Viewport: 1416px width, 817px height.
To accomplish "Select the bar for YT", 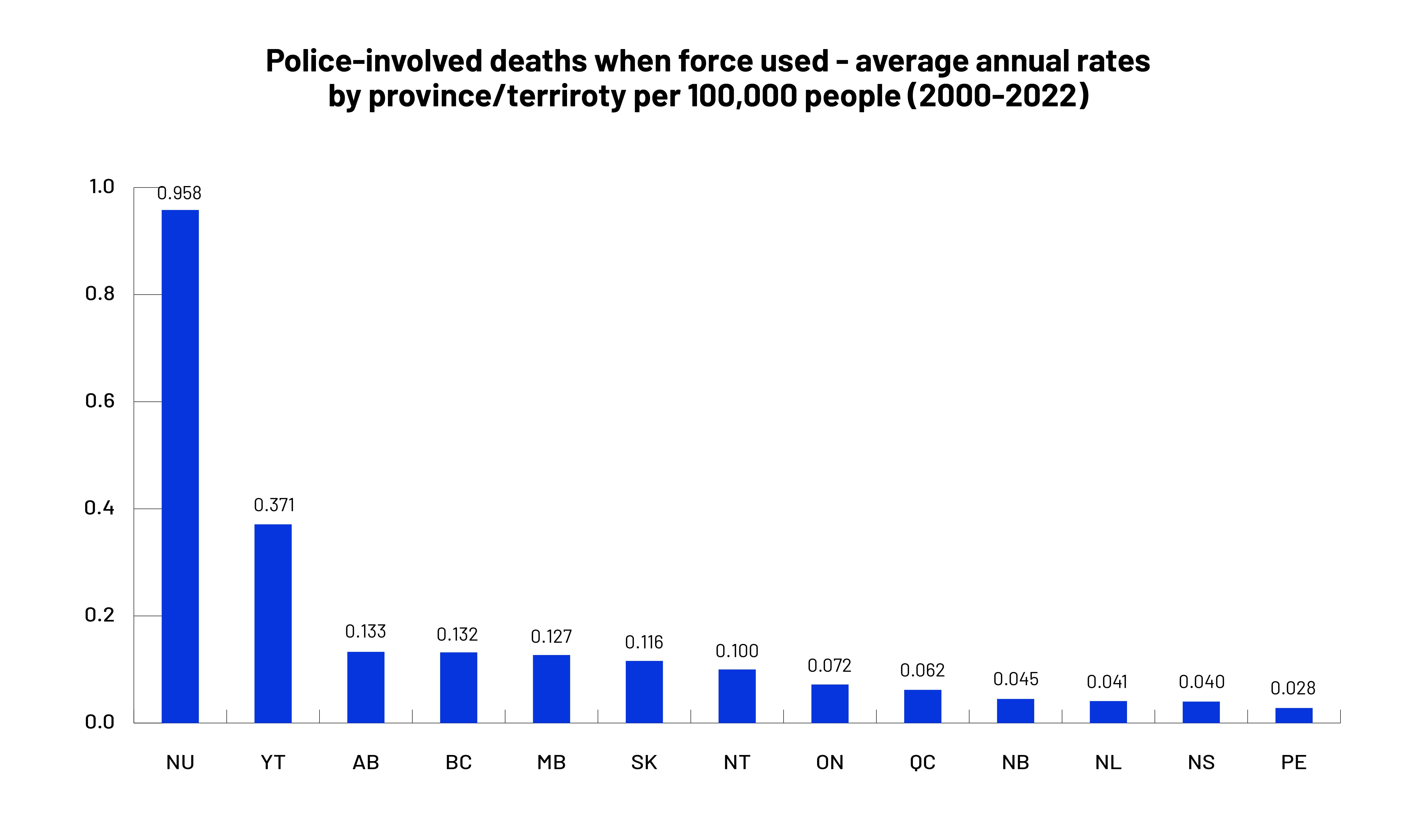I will [x=273, y=623].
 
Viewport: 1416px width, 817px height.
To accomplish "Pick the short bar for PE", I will [x=1294, y=715].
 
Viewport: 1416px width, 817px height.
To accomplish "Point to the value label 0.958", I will [x=179, y=193].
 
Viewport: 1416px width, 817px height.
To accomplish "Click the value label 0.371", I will [x=274, y=505].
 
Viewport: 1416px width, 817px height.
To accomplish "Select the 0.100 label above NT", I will [x=737, y=651].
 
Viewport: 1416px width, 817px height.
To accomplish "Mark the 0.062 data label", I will [x=922, y=670].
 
